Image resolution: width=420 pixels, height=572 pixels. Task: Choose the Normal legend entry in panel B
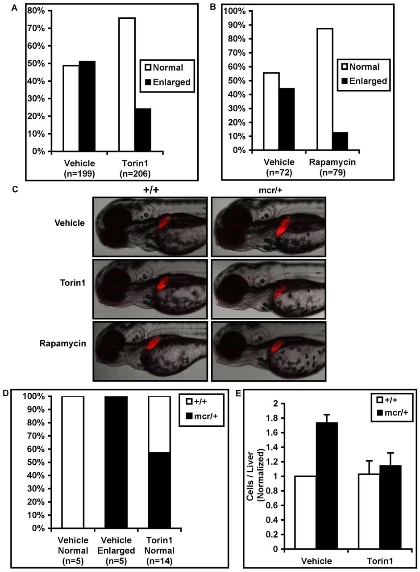tap(361, 67)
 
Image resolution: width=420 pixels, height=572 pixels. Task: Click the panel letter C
tap(16, 189)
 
